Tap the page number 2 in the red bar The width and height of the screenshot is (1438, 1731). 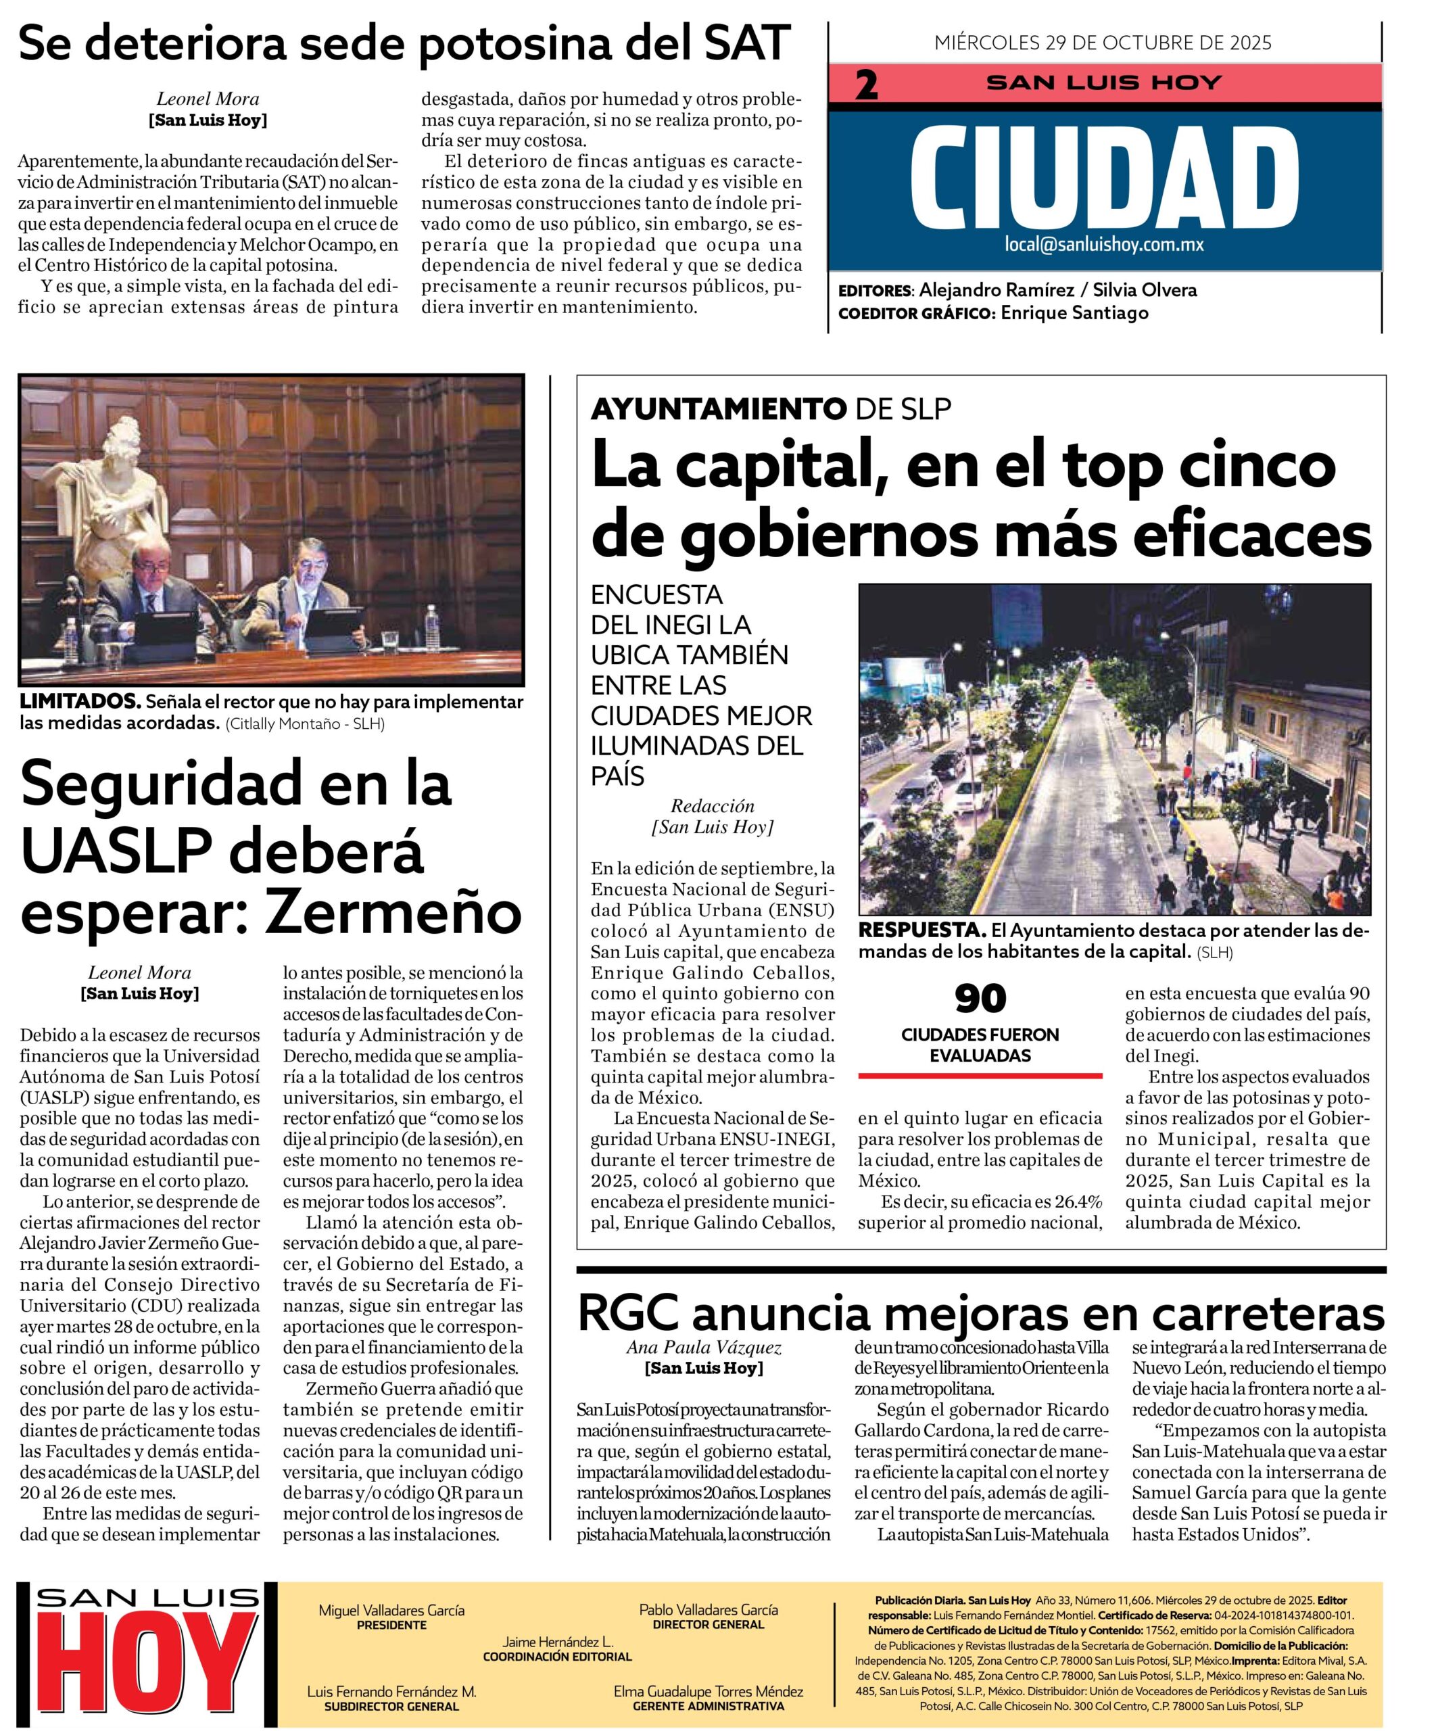866,86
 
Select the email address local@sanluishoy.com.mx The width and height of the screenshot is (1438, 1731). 1104,244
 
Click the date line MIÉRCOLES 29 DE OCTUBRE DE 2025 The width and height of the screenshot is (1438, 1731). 1103,43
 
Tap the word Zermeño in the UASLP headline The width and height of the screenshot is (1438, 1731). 396,911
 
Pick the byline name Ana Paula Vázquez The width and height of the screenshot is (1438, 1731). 703,1348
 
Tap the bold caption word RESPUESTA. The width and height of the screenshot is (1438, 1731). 921,930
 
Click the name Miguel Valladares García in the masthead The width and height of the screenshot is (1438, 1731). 391,1610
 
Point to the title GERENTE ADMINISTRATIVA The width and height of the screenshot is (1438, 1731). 708,1705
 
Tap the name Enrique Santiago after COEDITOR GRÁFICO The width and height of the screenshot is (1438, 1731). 1074,313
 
